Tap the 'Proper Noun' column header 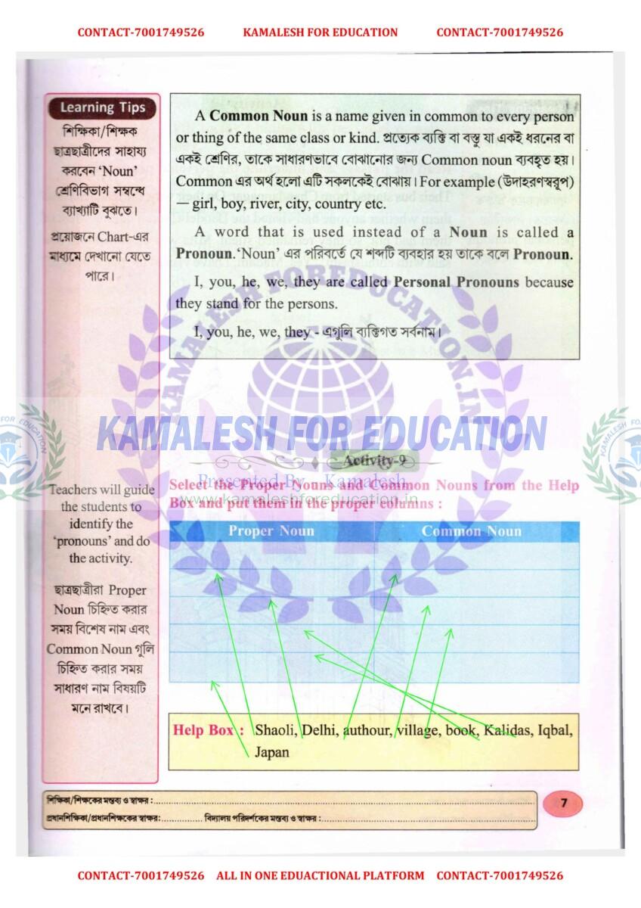[x=271, y=531]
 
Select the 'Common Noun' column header [x=471, y=531]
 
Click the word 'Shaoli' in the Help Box [x=276, y=731]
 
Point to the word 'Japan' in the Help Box [x=271, y=753]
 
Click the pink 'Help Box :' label [x=209, y=731]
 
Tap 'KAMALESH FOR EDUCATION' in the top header [x=320, y=33]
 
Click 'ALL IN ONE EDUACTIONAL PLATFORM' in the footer [x=320, y=875]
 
